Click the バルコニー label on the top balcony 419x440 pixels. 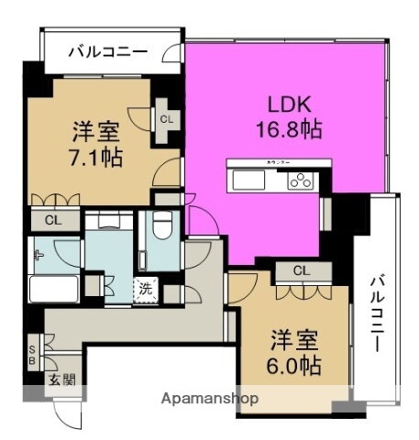pos(107,51)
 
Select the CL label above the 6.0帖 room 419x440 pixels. pos(301,270)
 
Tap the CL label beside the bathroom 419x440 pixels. pos(51,220)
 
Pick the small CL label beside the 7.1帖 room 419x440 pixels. pos(167,118)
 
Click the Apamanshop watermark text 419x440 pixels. pos(210,400)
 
